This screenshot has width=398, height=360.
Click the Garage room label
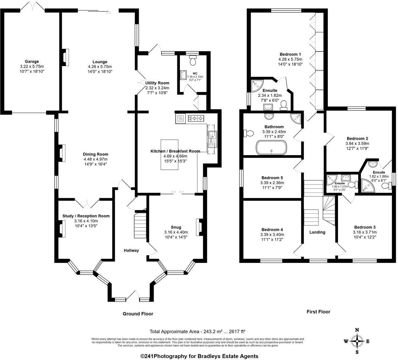click(32, 62)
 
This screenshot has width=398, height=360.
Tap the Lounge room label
click(100, 62)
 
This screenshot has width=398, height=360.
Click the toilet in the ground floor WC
click(193, 60)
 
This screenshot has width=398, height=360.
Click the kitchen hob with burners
click(196, 119)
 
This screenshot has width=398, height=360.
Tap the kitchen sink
click(212, 138)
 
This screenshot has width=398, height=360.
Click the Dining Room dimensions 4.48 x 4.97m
click(96, 159)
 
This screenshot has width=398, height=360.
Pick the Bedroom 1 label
click(290, 54)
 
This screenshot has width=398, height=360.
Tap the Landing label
click(317, 232)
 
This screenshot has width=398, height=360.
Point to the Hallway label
click(131, 251)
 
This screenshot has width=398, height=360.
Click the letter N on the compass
click(357, 330)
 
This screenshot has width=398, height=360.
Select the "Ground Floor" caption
click(138, 314)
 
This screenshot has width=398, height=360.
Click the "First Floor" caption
click(318, 311)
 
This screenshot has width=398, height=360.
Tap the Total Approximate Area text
click(197, 331)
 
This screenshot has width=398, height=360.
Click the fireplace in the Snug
click(199, 226)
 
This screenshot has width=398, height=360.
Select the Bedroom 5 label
click(272, 178)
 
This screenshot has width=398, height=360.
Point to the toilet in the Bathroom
click(248, 132)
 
